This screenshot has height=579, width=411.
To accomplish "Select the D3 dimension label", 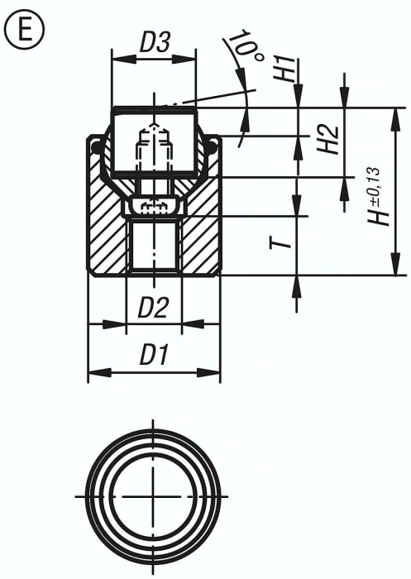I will pos(154,44).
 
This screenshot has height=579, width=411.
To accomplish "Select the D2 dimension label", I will pos(154,309).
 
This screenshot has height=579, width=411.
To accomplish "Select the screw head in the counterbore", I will pos(154,206).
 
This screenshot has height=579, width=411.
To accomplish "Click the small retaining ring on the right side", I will pos(213,147).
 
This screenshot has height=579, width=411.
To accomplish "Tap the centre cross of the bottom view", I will pos(154,495).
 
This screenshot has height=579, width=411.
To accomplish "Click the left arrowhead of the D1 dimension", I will pos(93,371).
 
